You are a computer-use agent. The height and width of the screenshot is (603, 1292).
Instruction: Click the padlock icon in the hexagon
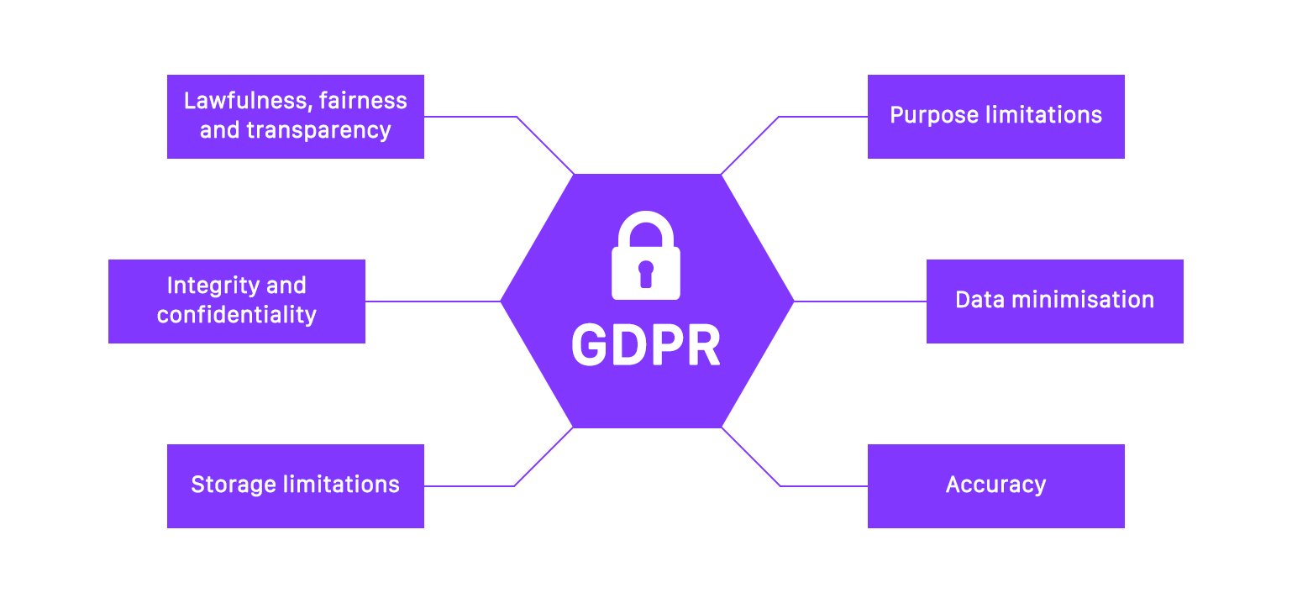pyautogui.click(x=645, y=257)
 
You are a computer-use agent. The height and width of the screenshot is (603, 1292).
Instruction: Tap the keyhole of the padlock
pyautogui.click(x=645, y=273)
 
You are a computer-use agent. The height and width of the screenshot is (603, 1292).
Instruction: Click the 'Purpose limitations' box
pyautogui.click(x=995, y=116)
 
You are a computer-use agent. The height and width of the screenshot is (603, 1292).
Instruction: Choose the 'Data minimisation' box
pyautogui.click(x=1054, y=301)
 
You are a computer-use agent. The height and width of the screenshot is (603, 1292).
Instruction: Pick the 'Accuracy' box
pyautogui.click(x=995, y=485)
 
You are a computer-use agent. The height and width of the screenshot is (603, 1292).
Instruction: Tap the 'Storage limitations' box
pyautogui.click(x=295, y=485)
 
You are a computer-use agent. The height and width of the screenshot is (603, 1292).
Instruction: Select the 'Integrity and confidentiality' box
pyautogui.click(x=236, y=301)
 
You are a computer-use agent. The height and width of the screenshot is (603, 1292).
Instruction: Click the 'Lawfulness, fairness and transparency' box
pyautogui.click(x=295, y=116)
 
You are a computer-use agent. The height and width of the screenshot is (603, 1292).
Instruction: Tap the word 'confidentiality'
pyautogui.click(x=236, y=316)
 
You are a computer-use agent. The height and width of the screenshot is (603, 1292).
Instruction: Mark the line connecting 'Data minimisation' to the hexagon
pyautogui.click(x=860, y=301)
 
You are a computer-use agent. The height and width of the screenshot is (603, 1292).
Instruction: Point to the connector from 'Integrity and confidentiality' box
pyautogui.click(x=433, y=301)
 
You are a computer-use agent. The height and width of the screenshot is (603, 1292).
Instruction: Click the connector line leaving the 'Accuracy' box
pyautogui.click(x=823, y=485)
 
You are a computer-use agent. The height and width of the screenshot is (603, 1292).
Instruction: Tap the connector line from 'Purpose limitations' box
pyautogui.click(x=823, y=117)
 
